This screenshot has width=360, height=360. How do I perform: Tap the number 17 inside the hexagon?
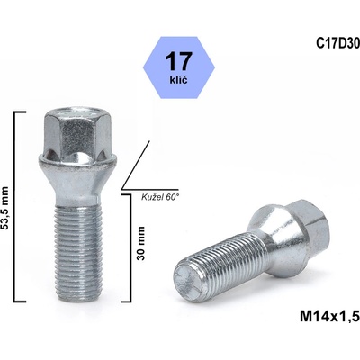click(x=180, y=60)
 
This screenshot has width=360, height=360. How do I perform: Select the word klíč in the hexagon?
click(x=180, y=81)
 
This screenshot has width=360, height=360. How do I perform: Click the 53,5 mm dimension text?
click(x=7, y=206)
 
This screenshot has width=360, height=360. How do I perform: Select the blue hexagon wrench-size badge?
click(x=180, y=67)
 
